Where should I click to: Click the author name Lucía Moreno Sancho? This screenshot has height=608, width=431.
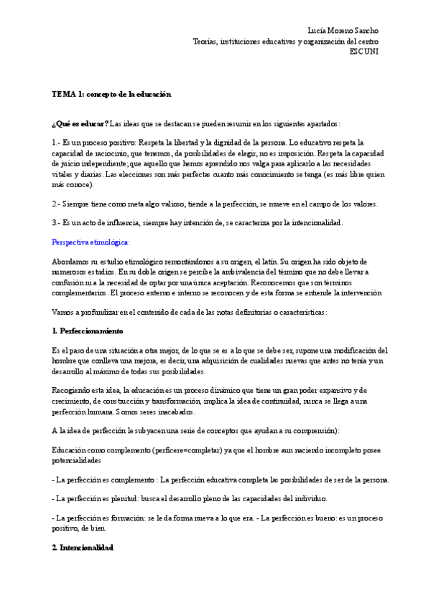click(x=342, y=31)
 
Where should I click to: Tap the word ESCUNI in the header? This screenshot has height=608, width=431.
click(x=363, y=52)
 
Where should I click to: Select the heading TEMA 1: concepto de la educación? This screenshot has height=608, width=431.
click(x=111, y=94)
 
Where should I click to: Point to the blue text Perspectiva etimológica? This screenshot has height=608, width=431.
click(x=91, y=242)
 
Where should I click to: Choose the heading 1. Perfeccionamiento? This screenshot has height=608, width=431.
click(x=88, y=331)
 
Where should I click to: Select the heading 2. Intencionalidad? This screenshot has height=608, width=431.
click(x=83, y=547)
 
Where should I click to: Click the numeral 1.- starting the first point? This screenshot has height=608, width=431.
click(x=57, y=143)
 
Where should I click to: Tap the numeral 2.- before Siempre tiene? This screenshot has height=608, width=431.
click(x=57, y=204)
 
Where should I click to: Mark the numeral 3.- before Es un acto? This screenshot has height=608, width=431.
click(x=57, y=223)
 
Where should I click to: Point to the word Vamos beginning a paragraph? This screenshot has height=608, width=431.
click(x=63, y=312)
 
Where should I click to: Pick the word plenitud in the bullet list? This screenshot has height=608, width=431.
click(x=141, y=498)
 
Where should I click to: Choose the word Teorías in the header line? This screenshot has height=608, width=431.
click(x=205, y=42)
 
